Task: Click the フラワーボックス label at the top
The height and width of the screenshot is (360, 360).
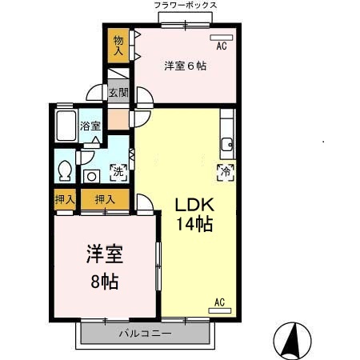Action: [x=186, y=6]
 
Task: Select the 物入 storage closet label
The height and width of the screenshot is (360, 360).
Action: [x=118, y=45]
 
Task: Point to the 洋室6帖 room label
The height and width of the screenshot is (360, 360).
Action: [x=186, y=66]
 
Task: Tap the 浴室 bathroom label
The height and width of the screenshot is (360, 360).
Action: [x=90, y=126]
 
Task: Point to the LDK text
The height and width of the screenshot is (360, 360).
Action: [x=193, y=205]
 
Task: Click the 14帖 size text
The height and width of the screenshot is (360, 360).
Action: [x=194, y=224]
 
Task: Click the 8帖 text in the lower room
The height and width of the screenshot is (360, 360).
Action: [x=104, y=281]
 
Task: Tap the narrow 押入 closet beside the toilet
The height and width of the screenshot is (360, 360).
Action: [x=64, y=199]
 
